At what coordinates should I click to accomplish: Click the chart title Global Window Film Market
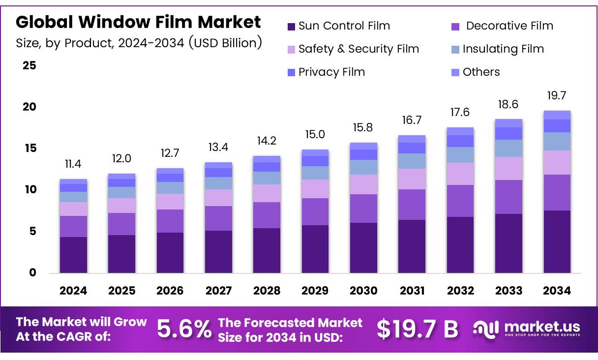pyautogui.click(x=138, y=22)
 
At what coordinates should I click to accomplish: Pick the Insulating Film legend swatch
pyautogui.click(x=455, y=50)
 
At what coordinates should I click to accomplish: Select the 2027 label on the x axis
pyautogui.click(x=218, y=291)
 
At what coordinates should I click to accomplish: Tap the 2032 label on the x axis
pyautogui.click(x=460, y=291)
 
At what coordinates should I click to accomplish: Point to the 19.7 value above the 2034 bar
pyautogui.click(x=557, y=95)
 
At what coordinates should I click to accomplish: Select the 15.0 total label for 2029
pyautogui.click(x=315, y=135)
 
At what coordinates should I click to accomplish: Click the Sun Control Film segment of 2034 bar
pyautogui.click(x=557, y=241)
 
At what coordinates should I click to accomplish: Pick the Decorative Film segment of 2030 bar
pyautogui.click(x=363, y=209)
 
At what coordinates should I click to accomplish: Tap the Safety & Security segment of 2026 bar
pyautogui.click(x=170, y=202)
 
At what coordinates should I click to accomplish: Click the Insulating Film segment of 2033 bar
pyautogui.click(x=508, y=149)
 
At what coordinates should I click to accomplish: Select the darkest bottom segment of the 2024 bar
pyautogui.click(x=73, y=255)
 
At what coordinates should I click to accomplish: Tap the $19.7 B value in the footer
pyautogui.click(x=417, y=329)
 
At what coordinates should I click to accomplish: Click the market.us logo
pyautogui.click(x=526, y=329)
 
